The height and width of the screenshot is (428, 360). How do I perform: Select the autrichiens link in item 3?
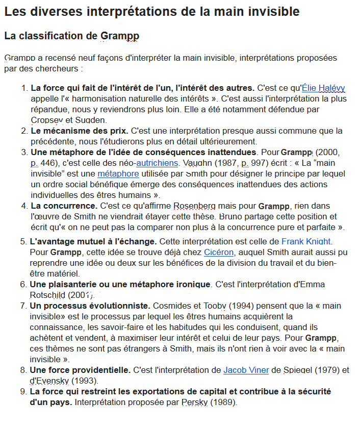point(157,163)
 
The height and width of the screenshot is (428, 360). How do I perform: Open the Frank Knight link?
point(306,241)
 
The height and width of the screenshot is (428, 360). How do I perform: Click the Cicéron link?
point(218,252)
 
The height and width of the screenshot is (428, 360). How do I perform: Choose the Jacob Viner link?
point(246,370)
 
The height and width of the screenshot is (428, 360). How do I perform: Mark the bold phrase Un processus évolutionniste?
point(90,306)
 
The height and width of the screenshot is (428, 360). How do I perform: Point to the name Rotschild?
point(51,295)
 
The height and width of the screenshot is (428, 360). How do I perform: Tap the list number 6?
point(23,284)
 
